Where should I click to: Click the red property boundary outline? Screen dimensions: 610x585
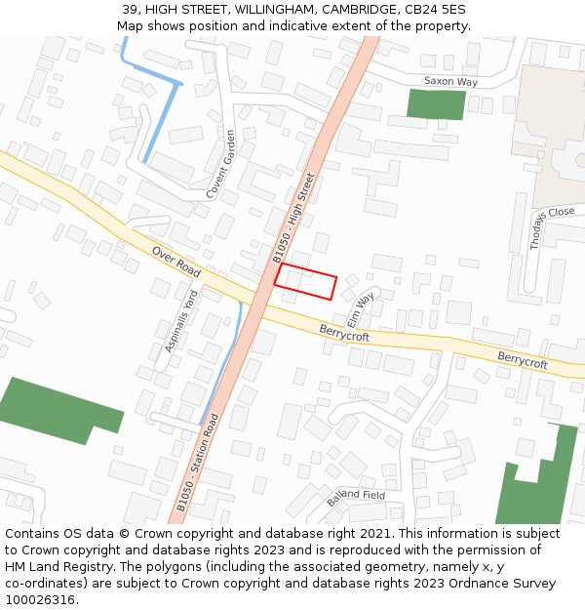(305, 281)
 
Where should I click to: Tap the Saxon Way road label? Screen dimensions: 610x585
(450, 82)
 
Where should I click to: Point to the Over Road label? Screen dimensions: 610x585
(175, 261)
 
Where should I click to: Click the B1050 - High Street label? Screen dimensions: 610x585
(294, 218)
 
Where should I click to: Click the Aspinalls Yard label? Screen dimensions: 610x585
(182, 320)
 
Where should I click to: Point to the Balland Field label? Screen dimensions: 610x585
(356, 498)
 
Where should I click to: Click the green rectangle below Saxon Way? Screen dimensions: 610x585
(436, 104)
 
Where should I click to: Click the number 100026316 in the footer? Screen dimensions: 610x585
(39, 599)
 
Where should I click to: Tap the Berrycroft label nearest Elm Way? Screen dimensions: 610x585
(344, 335)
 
